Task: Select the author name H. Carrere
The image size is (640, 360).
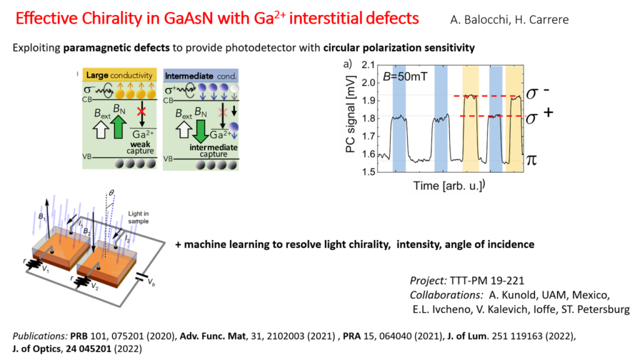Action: tap(542, 19)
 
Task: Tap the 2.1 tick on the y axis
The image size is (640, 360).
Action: tap(367, 65)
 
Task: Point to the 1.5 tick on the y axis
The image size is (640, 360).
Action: tap(367, 171)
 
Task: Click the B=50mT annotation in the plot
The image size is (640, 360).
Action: tap(405, 76)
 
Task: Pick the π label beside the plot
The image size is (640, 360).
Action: tap(531, 159)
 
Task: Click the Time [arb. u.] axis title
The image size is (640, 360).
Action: tap(447, 186)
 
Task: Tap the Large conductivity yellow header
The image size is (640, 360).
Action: tap(119, 75)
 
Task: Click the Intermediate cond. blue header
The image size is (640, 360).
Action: tap(201, 76)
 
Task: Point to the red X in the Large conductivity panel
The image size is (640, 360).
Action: tap(141, 111)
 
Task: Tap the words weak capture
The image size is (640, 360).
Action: tap(140, 147)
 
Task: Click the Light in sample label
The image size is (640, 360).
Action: tap(138, 217)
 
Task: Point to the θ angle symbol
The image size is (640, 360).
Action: tap(111, 192)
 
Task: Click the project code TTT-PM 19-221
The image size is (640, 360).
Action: tap(486, 281)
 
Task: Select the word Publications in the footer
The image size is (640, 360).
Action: tap(39, 336)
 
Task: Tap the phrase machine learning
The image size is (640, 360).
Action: tap(226, 244)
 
